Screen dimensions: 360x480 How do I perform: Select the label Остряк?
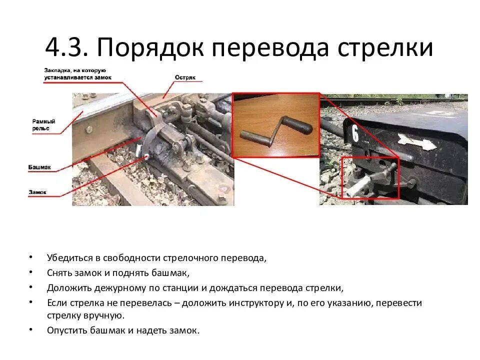pyautogui.click(x=184, y=77)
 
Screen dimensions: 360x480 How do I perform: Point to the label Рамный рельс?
pyautogui.click(x=43, y=124)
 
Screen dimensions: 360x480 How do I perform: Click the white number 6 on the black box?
pyautogui.click(x=355, y=134)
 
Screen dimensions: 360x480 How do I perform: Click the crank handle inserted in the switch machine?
pyautogui.click(x=372, y=180)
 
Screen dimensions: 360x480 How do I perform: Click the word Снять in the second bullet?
pyautogui.click(x=58, y=273)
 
